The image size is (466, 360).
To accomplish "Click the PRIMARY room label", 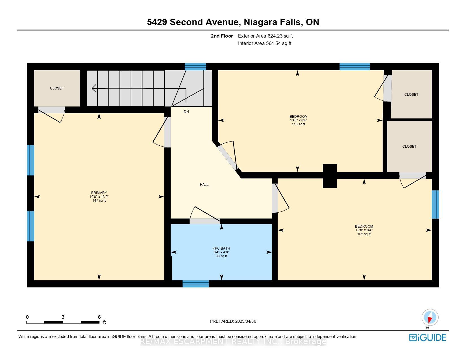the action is click(x=99, y=193).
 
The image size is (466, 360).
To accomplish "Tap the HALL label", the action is click(x=204, y=184).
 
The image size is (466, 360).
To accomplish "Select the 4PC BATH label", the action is click(x=221, y=248).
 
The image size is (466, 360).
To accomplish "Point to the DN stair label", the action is click(x=186, y=112).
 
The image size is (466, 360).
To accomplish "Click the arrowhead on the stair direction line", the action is click(x=94, y=88).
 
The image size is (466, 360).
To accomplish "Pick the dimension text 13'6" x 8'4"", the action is click(x=299, y=120).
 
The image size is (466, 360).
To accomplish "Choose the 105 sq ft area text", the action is click(x=364, y=234).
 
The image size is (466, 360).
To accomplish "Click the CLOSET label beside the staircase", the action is click(x=57, y=88).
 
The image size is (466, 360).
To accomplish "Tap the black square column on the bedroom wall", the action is click(x=330, y=176).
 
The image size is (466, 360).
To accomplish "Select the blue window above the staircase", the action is click(x=195, y=67).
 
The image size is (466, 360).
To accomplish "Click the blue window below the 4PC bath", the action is click(x=195, y=284).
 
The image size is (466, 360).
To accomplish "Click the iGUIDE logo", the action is click(x=427, y=337).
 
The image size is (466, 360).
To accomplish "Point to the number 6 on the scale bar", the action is click(x=99, y=317).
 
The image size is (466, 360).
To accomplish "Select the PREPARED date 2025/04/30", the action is click(x=245, y=321).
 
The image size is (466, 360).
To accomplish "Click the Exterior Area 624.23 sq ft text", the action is click(x=265, y=36).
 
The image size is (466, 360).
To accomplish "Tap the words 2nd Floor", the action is click(x=222, y=36).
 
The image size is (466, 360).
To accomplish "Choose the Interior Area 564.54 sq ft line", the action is click(x=265, y=43).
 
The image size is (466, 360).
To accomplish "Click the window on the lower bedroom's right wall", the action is click(x=435, y=204).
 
